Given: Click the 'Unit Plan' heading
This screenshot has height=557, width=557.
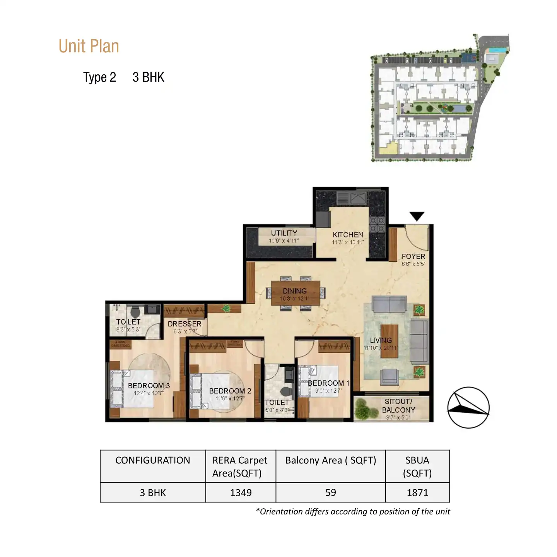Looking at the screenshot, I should point(89,46).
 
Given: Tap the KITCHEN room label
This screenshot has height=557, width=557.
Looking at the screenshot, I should point(348,235).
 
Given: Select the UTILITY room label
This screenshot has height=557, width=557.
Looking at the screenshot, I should point(284,233).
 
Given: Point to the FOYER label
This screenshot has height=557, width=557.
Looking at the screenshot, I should point(413,256).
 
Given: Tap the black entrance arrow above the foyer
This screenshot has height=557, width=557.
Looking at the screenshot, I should point(417,216).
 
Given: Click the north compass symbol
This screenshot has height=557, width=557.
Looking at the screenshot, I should point(468,408).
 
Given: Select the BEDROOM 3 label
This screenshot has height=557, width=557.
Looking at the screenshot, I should point(149,386).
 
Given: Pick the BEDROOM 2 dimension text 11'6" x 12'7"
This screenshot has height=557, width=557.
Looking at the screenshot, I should point(230,398).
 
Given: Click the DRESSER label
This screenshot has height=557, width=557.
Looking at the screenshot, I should point(185,324).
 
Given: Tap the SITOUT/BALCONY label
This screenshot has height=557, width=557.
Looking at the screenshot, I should point(398,406).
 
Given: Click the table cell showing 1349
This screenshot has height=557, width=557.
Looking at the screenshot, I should point(241,493).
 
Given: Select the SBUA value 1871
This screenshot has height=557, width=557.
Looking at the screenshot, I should point(417,493).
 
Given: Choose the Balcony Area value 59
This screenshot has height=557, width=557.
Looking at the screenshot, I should point(330,493).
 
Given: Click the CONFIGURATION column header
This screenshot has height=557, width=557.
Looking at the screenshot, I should point(153,460).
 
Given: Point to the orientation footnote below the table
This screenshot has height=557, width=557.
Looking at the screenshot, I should point(353,512).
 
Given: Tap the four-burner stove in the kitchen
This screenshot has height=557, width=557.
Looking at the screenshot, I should point(377,224).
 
